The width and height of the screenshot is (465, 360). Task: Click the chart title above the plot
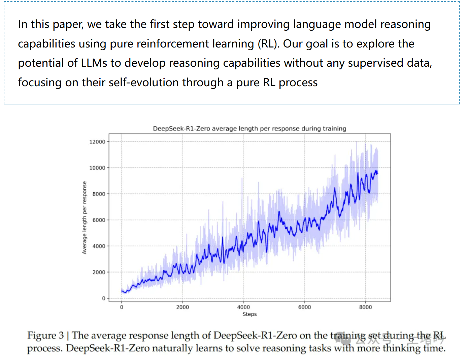click(250, 129)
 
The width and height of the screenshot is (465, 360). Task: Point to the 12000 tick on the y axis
click(97, 142)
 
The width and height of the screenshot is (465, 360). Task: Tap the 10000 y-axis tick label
click(97, 168)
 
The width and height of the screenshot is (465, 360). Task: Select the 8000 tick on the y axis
click(99, 194)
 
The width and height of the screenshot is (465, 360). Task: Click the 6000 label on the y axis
click(99, 220)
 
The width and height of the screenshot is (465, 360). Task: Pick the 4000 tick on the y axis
click(99, 246)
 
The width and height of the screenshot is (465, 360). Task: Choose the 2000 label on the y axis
click(99, 272)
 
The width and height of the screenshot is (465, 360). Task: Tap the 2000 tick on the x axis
click(182, 307)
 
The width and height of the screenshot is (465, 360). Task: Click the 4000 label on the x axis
click(243, 307)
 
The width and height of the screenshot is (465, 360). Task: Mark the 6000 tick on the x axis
click(304, 307)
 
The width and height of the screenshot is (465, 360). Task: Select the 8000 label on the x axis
click(365, 307)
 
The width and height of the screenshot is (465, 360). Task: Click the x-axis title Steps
click(250, 314)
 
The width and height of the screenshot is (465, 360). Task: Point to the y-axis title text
click(85, 218)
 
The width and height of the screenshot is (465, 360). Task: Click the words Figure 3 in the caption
click(45, 335)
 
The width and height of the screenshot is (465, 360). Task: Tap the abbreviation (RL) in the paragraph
click(268, 44)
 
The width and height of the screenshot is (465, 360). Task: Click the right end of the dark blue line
click(377, 173)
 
